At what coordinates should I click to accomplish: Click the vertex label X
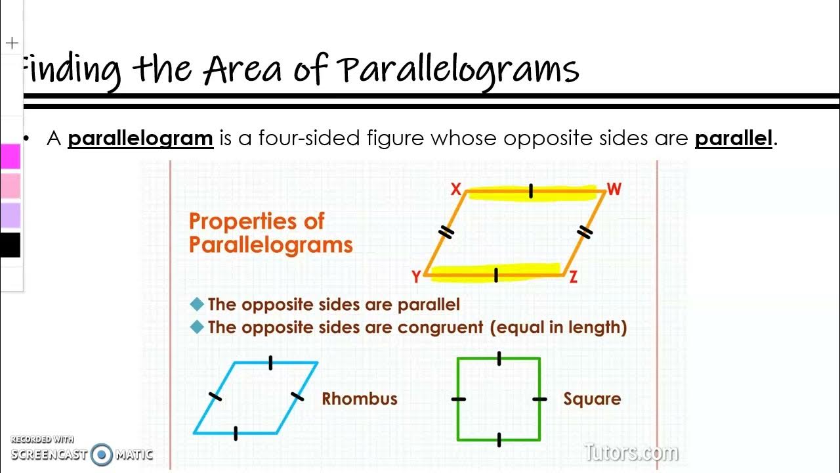[456, 190]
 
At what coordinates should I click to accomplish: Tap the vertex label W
[614, 190]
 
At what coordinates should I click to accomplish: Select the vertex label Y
[416, 277]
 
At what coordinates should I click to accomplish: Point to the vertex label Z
[573, 277]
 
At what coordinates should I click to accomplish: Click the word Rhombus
[359, 399]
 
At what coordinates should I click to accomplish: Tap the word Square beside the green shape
[591, 399]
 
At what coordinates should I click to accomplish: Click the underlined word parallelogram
[140, 139]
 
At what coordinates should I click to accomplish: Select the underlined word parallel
[733, 139]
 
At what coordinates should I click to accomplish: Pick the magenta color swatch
[10, 157]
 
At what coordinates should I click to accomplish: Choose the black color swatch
[10, 245]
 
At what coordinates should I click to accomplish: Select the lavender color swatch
[10, 215]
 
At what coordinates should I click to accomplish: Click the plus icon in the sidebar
[12, 44]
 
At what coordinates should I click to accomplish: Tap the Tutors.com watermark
[631, 452]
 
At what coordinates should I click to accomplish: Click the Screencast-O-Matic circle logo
[101, 454]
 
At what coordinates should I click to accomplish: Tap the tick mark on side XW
[531, 191]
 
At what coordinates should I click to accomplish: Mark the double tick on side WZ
[585, 232]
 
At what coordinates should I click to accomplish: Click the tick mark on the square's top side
[499, 358]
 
